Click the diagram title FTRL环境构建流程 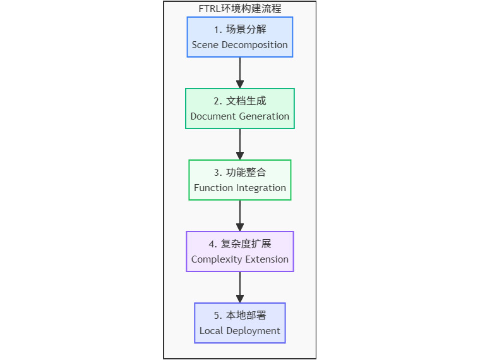coord(239,9)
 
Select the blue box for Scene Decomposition coord(239,37)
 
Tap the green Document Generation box coord(239,108)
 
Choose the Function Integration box coord(239,180)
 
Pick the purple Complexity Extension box coord(239,251)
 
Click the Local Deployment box coord(239,323)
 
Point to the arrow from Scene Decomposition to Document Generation coord(240,72)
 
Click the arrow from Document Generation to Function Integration coord(240,144)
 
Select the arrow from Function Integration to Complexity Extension coord(240,215)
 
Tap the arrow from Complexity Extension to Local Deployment coord(240,287)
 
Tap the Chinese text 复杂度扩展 coord(246,244)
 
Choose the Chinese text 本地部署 coord(246,315)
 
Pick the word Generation coord(264,116)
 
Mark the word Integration coord(261,188)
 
